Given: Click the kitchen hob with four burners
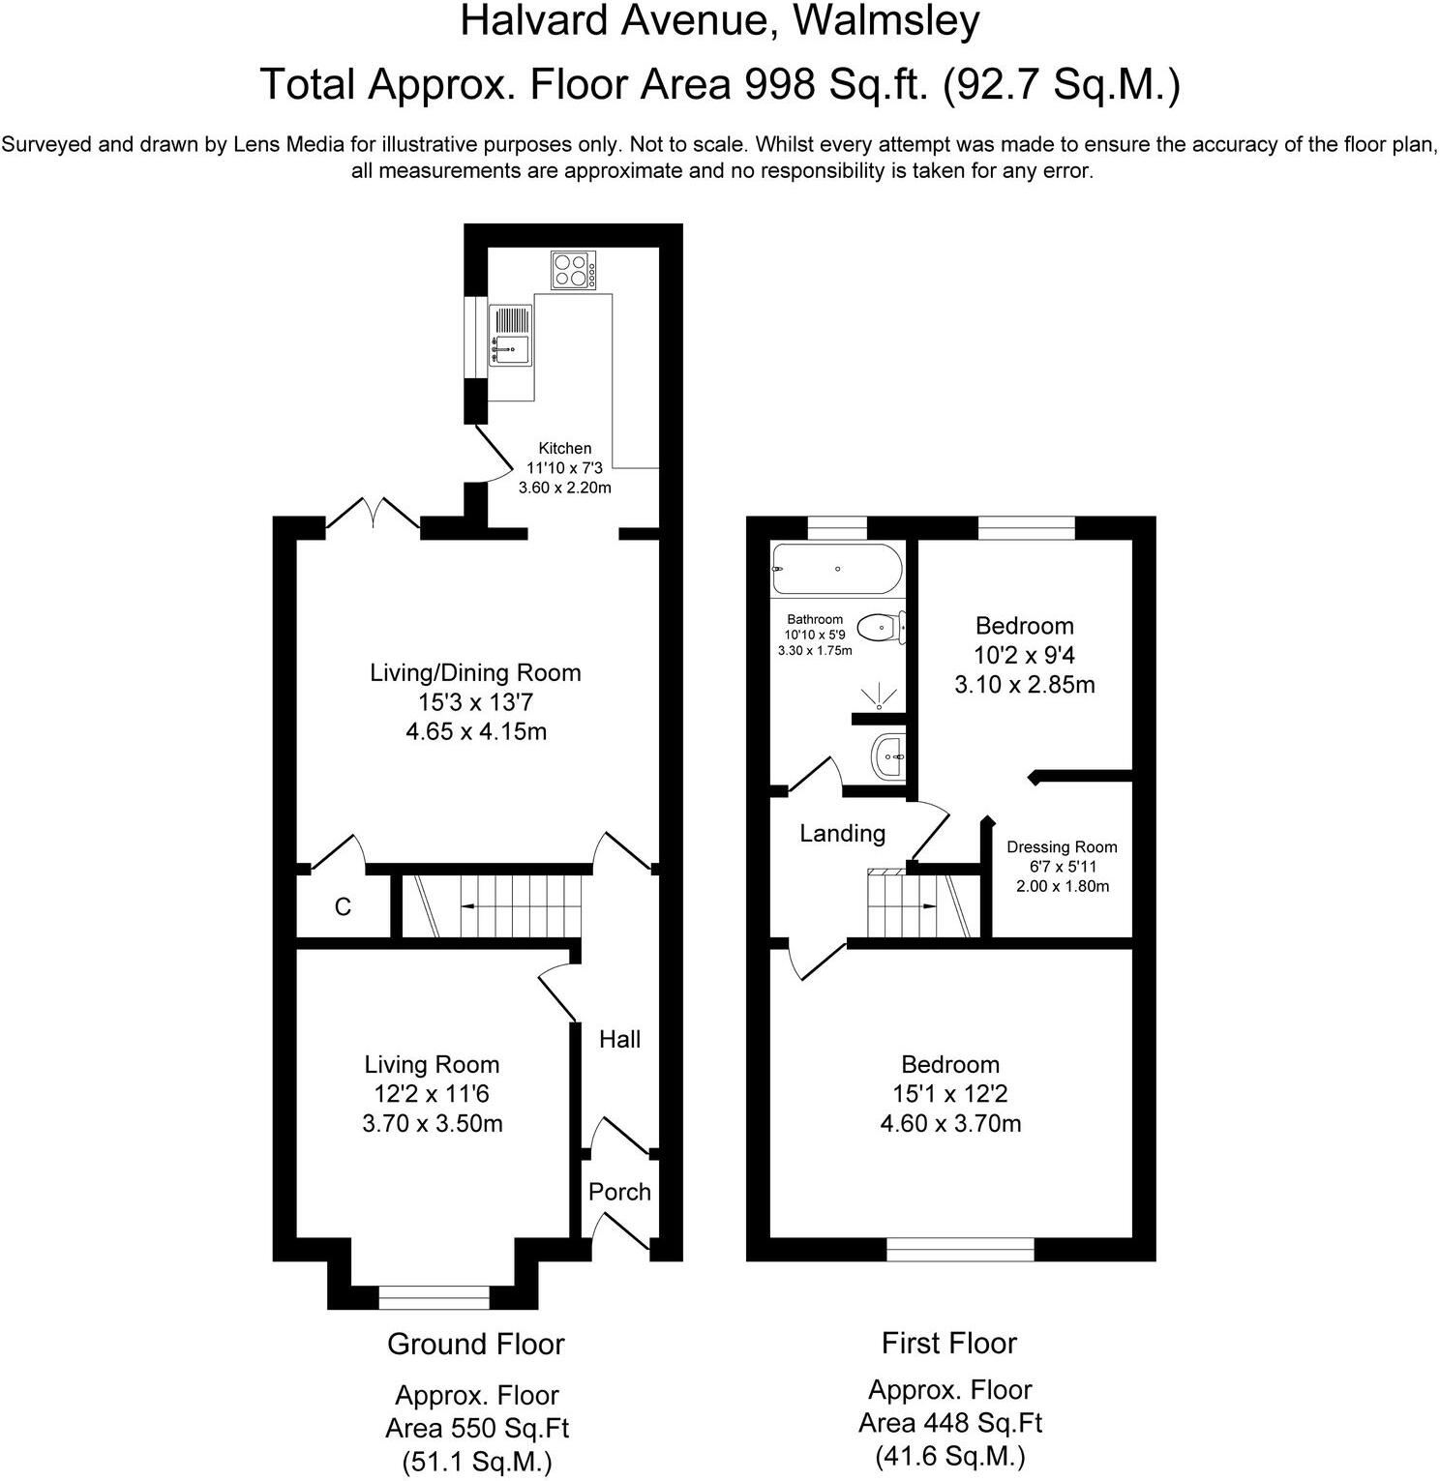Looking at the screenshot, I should [574, 270].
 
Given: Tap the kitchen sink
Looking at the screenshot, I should [510, 335].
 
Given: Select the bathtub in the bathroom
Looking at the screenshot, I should [836, 570].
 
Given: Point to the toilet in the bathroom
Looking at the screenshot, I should [883, 627].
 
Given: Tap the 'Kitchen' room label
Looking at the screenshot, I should [565, 449].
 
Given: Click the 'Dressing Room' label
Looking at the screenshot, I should [1062, 847].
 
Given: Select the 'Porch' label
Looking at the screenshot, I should [619, 1192].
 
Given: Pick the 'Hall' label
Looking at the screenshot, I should [619, 1039].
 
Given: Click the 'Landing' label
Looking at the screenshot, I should [842, 833].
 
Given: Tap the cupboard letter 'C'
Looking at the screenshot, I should [343, 907].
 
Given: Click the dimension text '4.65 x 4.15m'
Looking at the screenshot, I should [475, 731].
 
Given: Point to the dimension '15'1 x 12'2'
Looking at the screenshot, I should [949, 1094].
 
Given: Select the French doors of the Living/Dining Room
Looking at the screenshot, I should [374, 515].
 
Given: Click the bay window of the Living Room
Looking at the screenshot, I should [434, 1297].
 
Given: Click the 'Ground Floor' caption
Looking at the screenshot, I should [475, 1344].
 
